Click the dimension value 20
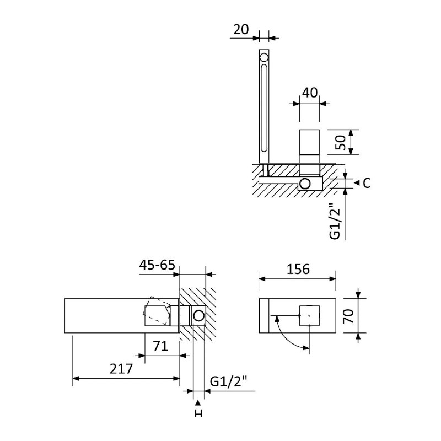241,30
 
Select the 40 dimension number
310,93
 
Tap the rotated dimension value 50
340,142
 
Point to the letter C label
367,183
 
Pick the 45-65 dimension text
157,265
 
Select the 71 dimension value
160,346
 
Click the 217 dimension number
121,369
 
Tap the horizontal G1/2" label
228,381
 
